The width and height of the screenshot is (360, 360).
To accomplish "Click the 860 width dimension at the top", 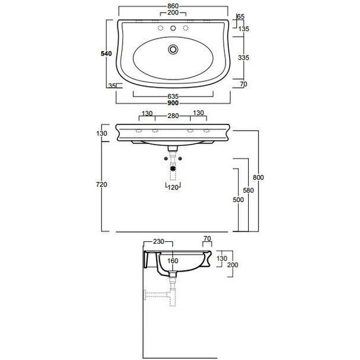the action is point(173,6).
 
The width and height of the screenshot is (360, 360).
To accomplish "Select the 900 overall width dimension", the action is point(173,103).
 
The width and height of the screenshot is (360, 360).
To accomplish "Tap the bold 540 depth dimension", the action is point(106,54).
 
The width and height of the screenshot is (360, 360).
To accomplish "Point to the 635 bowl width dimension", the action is point(173,97).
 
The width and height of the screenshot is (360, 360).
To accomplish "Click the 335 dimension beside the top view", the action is point(243,57).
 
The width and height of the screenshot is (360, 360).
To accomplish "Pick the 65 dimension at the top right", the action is point(241,16).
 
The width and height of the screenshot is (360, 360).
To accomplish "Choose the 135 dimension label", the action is point(244,29).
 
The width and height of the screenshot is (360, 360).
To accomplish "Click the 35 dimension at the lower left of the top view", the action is point(112,86).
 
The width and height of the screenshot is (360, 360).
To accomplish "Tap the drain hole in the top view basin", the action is point(173,49).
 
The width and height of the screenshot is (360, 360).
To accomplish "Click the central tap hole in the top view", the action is point(173,28).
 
